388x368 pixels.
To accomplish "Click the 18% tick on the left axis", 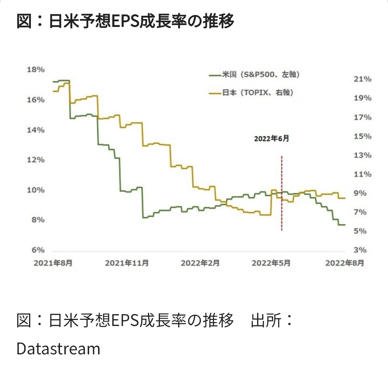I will click(36, 70).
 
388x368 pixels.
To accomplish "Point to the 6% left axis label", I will click(36, 250).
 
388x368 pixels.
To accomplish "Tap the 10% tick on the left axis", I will click(36, 190).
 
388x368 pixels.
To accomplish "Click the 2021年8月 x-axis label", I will click(53, 263).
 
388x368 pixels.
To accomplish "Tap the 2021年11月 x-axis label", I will click(127, 263).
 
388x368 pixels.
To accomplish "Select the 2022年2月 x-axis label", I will click(200, 263).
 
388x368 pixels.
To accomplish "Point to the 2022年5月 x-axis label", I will click(271, 263).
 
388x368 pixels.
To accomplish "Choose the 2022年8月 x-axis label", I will click(345, 263).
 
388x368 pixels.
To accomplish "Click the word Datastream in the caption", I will click(58, 349).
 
